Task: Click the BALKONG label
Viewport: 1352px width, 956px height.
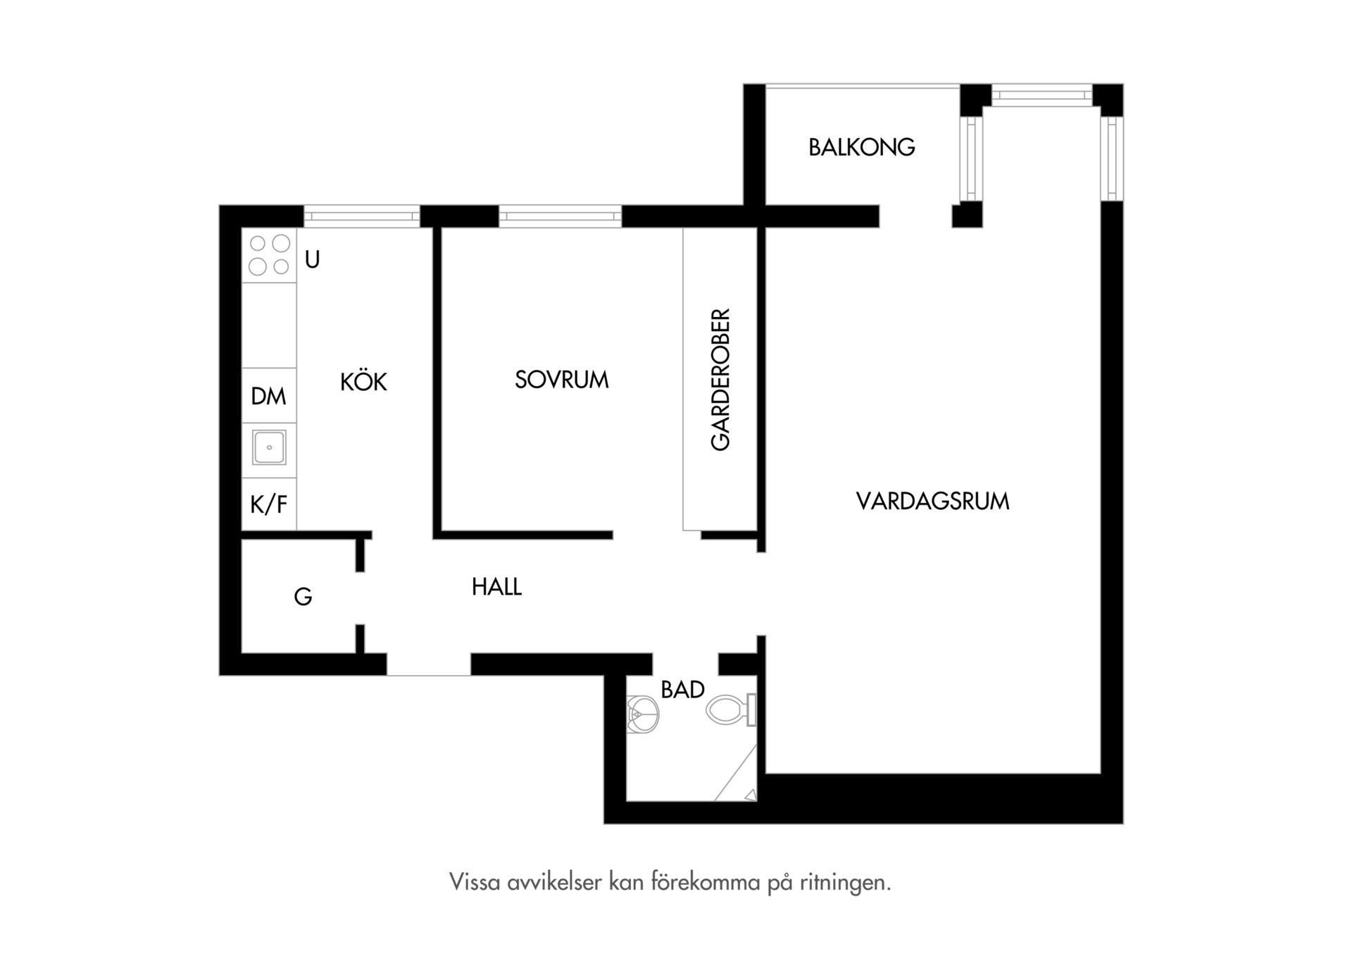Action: pos(861,147)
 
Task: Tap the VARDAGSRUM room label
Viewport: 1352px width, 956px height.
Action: pos(932,502)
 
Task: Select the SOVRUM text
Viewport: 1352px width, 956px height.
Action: pos(561,380)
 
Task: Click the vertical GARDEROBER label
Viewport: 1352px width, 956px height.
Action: pos(720,380)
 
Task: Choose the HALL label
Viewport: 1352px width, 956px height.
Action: pos(496,587)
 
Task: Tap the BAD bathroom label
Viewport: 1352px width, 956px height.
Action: pos(682,690)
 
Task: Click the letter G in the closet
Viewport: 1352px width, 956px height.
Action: pos(303,597)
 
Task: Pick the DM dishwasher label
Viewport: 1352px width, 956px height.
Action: pos(268,396)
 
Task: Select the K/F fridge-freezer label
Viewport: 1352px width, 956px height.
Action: pos(268,504)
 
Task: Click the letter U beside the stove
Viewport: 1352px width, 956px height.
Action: pos(312,260)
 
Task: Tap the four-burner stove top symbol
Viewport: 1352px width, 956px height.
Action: pos(269,255)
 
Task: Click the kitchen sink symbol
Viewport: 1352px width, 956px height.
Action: pos(269,447)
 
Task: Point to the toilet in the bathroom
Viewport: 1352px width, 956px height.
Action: pos(731,710)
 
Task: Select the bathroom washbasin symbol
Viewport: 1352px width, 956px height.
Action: pos(641,714)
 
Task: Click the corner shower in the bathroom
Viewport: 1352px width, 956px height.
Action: pos(737,773)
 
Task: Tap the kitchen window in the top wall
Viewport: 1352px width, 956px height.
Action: pos(362,216)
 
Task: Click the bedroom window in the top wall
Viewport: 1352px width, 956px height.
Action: pos(561,216)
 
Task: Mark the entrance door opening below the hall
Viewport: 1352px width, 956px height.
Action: pos(429,665)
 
